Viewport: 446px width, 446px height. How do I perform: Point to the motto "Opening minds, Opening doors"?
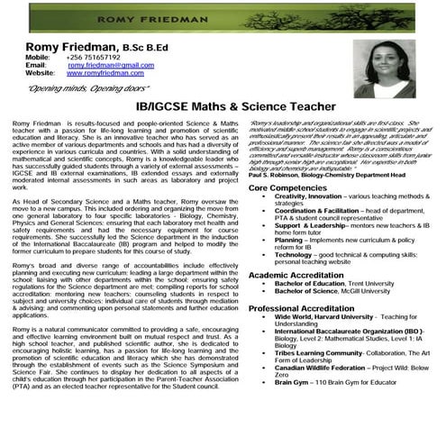[x=77, y=90]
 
